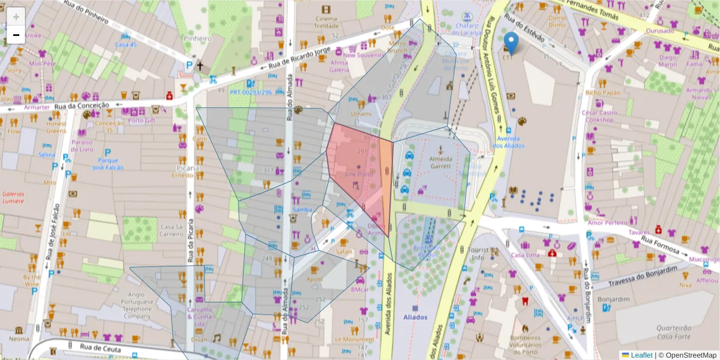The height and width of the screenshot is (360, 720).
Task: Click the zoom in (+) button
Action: point(16,16)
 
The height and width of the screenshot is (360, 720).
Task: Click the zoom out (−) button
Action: point(16,35)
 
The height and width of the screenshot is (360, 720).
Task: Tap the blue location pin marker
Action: point(511,43)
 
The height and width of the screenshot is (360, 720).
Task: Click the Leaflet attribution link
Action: point(641,355)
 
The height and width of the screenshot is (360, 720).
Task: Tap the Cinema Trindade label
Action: point(326,22)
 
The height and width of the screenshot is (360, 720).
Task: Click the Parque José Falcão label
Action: point(107,164)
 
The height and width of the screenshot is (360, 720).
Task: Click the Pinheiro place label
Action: point(198,38)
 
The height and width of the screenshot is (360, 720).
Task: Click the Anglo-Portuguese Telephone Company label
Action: point(137,305)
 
